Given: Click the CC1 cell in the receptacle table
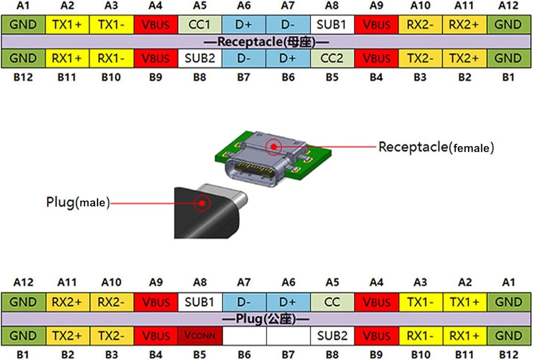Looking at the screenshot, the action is tap(200, 24).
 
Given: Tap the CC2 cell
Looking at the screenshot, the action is tap(332, 59).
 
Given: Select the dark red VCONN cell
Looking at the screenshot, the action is tap(200, 336).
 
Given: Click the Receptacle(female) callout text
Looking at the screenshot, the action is tap(436, 148).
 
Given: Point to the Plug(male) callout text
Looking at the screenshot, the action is tap(78, 202).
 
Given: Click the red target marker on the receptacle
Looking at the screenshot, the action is tap(273, 147).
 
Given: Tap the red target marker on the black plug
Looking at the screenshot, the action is tap(202, 203).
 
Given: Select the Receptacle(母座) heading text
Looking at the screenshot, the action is tap(266, 42).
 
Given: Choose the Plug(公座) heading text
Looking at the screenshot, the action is tap(265, 319).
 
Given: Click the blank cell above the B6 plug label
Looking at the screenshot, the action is tap(244, 336).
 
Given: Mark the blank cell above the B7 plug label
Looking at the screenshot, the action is tap(288, 336).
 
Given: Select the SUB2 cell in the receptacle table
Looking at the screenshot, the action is tap(200, 59).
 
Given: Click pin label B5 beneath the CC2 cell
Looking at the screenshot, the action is tap(332, 77).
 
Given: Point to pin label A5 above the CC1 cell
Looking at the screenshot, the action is tap(200, 5).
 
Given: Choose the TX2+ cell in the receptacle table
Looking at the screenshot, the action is tap(465, 59).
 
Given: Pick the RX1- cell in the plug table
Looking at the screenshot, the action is tap(421, 336).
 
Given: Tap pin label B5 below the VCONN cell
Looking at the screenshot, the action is tap(200, 355).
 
